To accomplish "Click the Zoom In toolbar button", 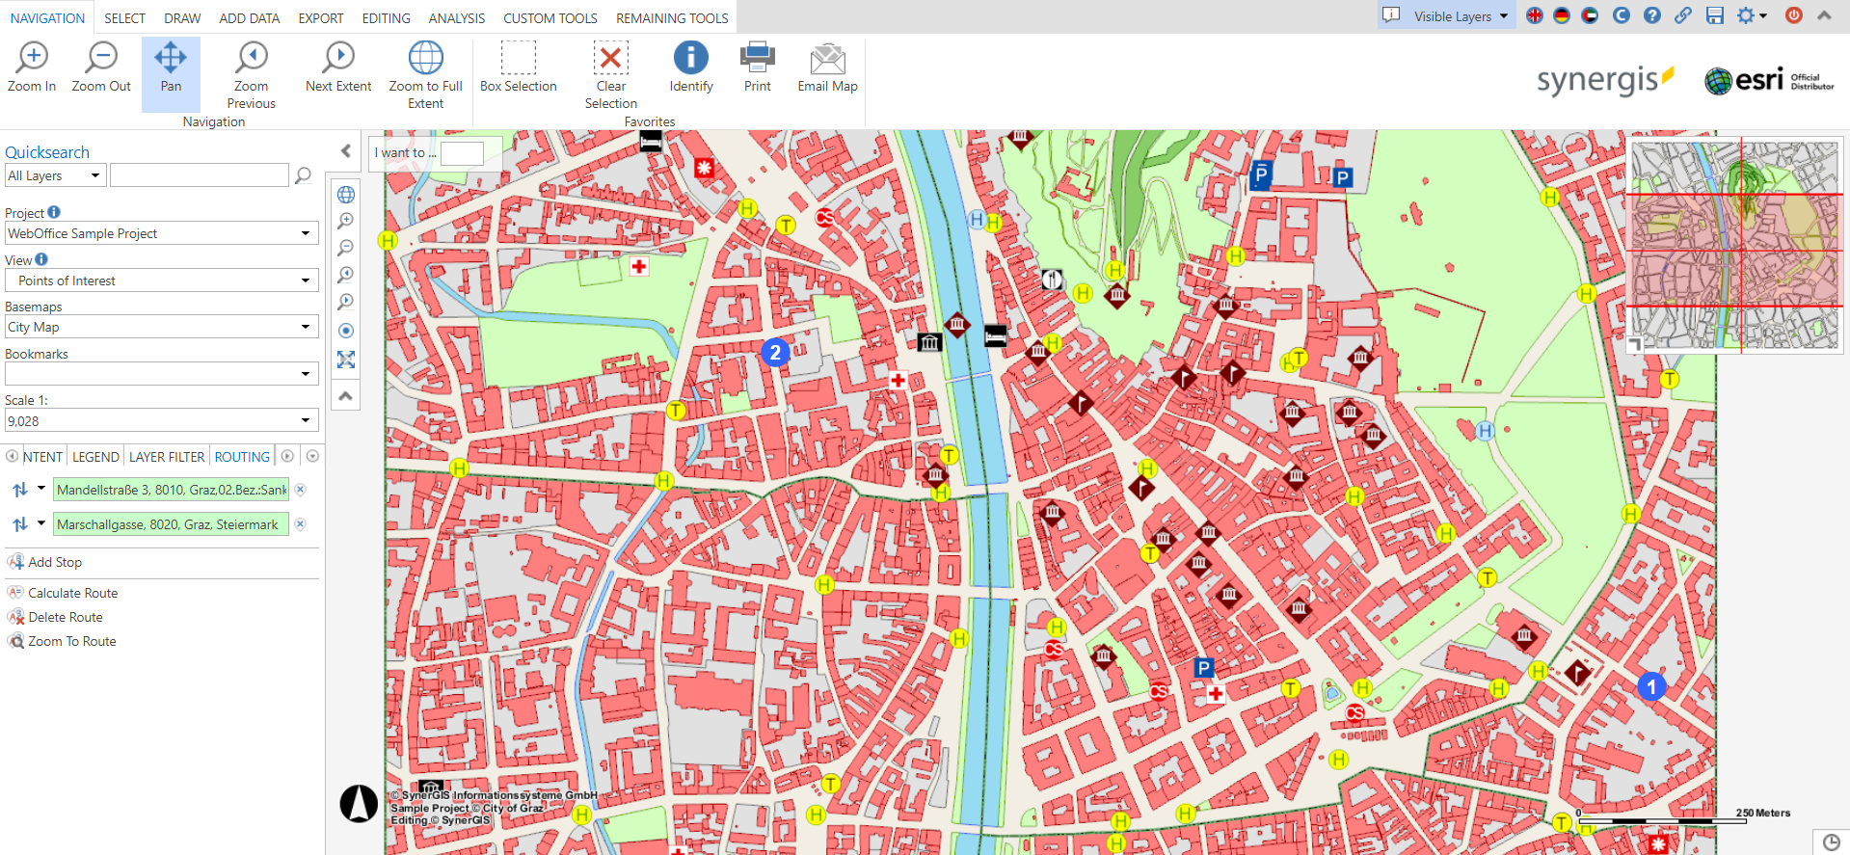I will [32, 67].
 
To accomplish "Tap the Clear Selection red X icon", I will [610, 58].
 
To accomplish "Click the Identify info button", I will [690, 58].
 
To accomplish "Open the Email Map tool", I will [827, 67].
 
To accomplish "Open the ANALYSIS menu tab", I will [456, 18].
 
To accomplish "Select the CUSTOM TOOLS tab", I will [550, 18].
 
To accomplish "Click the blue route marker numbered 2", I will [775, 353].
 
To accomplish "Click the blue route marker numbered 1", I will [1650, 686].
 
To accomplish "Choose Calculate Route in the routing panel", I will [72, 593].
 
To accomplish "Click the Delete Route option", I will [65, 617].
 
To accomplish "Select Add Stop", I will [54, 562].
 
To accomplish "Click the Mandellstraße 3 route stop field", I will [171, 490].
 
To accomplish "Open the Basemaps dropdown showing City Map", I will [161, 327].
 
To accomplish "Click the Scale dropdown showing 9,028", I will [161, 421].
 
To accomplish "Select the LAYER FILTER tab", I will [167, 457].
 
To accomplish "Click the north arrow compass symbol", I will [359, 803].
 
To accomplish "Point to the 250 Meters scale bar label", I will [1762, 813].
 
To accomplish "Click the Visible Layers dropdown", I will [1459, 16].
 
